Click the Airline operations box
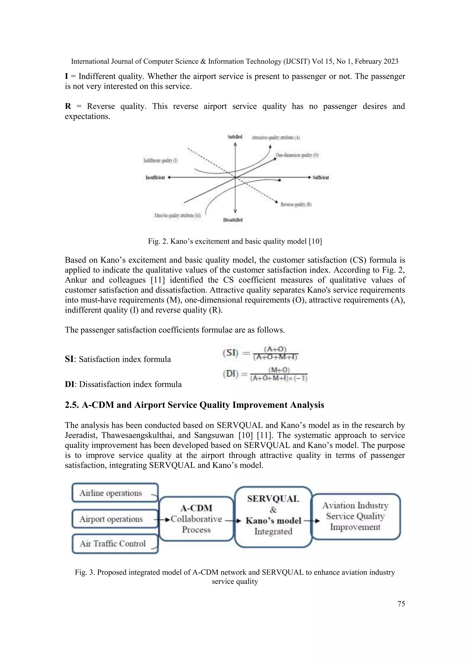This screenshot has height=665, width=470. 115,493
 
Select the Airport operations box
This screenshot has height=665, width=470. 115,519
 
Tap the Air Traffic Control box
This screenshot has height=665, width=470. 115,543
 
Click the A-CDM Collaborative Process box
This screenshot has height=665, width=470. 196,519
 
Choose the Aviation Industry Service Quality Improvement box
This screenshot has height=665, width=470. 355,516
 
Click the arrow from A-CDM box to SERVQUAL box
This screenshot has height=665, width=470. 233,521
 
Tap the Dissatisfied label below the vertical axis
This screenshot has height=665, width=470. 233,220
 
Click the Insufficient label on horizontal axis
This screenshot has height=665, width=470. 155,178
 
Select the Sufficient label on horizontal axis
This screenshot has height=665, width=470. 321,178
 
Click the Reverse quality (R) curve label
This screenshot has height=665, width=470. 296,204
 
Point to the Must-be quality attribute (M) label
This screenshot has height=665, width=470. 177,215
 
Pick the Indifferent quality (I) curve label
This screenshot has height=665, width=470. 160,161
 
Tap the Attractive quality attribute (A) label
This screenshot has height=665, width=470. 276,138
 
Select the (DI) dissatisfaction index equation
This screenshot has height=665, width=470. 265,374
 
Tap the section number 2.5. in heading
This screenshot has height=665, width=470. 72,405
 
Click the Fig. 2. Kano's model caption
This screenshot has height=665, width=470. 235,241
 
